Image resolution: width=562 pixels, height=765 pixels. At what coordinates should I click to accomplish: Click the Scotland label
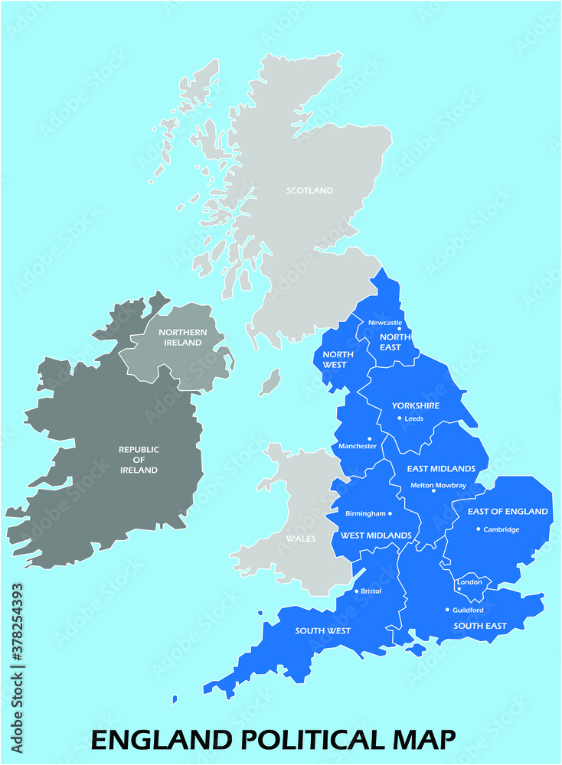309,190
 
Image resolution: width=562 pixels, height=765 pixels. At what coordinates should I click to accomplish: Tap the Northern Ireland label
181,337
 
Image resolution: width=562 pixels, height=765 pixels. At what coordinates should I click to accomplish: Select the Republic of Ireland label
139,460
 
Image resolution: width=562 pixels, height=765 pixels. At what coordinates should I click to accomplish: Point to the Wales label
300,539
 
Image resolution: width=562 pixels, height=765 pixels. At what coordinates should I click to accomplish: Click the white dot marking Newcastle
399,330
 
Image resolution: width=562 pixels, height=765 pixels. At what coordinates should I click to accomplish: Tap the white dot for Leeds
399,418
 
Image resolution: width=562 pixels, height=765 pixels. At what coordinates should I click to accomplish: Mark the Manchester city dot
370,439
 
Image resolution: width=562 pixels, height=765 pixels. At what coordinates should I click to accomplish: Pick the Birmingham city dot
390,513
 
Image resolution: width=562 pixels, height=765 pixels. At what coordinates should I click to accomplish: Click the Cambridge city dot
479,529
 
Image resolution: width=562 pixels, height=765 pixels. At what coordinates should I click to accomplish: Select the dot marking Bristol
357,591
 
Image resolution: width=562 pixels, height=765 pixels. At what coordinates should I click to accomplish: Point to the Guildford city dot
447,610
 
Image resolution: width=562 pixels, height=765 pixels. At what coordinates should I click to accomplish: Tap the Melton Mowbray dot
433,491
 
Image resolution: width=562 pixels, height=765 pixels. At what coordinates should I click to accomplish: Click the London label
469,582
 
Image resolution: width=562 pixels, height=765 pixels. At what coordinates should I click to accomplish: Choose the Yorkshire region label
416,405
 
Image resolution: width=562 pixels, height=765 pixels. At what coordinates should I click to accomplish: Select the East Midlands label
441,468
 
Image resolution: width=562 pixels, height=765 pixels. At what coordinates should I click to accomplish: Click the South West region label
323,631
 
